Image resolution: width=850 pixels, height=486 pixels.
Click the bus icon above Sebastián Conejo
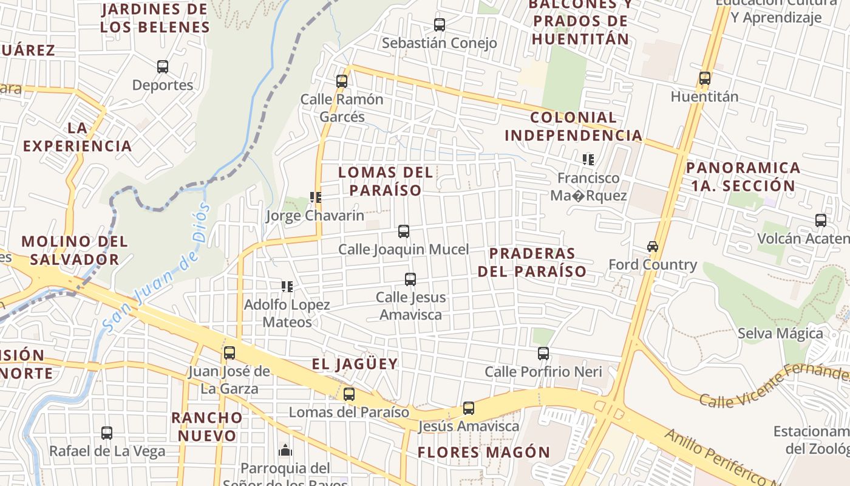(x=440, y=25)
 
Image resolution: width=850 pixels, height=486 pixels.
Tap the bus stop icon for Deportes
(x=163, y=67)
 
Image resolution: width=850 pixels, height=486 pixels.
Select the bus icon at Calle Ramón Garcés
(x=342, y=81)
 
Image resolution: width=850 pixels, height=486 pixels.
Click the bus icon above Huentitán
(x=705, y=78)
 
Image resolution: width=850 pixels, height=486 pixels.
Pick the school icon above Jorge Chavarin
(x=315, y=197)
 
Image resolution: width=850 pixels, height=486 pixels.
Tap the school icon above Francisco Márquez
(x=588, y=160)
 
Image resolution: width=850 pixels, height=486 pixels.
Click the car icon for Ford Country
(x=653, y=247)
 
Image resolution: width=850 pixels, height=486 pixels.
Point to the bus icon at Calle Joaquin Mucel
(x=404, y=231)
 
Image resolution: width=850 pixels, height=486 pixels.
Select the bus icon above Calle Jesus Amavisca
(x=410, y=279)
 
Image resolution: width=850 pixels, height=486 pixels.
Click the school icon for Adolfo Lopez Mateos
(x=287, y=287)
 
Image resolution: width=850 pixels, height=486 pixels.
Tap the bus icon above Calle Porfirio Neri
(x=543, y=354)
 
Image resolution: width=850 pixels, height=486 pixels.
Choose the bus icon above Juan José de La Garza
(x=229, y=353)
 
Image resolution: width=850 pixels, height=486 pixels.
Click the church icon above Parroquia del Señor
(x=285, y=451)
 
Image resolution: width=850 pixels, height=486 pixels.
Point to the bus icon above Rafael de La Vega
(x=107, y=433)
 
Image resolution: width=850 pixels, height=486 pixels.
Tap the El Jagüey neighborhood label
(x=355, y=364)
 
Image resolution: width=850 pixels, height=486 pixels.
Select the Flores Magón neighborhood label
(x=484, y=453)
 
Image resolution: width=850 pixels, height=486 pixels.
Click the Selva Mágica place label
(x=780, y=333)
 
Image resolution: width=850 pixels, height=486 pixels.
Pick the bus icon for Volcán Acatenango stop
(x=821, y=221)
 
